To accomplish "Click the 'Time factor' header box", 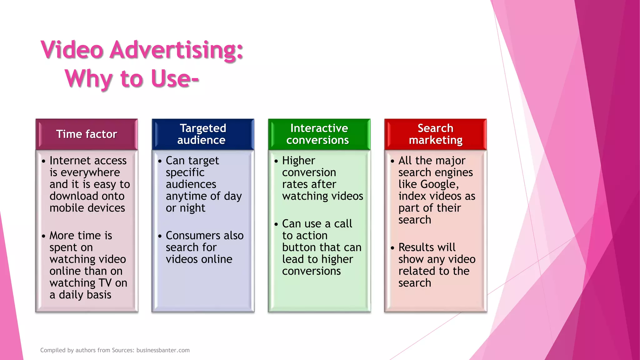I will tap(87, 134).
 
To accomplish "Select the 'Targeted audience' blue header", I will tap(203, 134).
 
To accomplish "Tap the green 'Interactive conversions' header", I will tap(319, 134).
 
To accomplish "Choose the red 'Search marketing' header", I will tap(435, 134).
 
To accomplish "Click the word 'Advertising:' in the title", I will tap(176, 50).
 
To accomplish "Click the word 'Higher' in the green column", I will tap(298, 161).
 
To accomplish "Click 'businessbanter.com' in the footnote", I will tap(163, 350).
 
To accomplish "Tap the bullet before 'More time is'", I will tap(43, 236).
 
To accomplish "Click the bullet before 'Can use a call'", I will tap(276, 224).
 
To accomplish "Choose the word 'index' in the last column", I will tap(412, 196).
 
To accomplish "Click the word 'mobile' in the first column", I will tap(67, 208).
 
